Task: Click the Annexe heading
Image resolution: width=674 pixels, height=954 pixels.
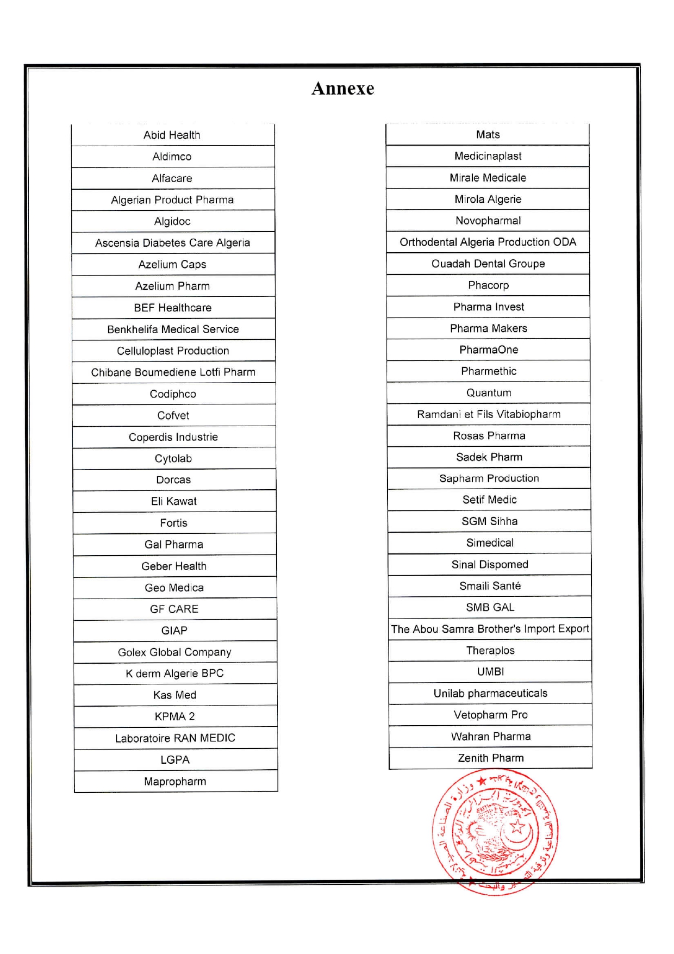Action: click(342, 89)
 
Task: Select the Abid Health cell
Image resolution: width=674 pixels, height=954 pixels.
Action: click(172, 135)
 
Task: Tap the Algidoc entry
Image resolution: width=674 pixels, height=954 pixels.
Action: click(172, 221)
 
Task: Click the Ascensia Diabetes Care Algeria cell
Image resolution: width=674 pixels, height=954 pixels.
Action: click(172, 243)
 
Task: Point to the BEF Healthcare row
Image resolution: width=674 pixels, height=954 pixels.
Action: click(173, 308)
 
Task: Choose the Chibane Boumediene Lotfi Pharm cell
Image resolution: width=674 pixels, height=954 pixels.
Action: click(173, 372)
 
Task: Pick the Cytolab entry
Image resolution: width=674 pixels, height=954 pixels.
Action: click(173, 458)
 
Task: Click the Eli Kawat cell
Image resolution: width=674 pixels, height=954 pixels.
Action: click(174, 501)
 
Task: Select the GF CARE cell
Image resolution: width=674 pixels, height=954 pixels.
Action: click(174, 609)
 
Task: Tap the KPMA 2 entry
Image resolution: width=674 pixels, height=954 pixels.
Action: click(175, 716)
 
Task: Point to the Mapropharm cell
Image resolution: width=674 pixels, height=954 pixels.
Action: click(175, 781)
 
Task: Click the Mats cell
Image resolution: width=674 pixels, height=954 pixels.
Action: click(488, 134)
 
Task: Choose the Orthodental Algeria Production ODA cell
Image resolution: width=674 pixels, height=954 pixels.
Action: click(488, 242)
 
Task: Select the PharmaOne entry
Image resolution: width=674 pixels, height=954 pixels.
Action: click(489, 350)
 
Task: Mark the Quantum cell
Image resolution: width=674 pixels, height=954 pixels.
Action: click(489, 392)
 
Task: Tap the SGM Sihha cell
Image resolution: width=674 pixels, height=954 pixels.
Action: click(490, 521)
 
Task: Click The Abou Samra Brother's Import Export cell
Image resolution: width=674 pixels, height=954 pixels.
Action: click(490, 629)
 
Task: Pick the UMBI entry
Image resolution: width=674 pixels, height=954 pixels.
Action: click(490, 671)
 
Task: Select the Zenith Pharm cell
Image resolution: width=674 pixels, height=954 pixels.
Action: click(491, 758)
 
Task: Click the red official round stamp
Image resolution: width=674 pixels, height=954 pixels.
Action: click(495, 832)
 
